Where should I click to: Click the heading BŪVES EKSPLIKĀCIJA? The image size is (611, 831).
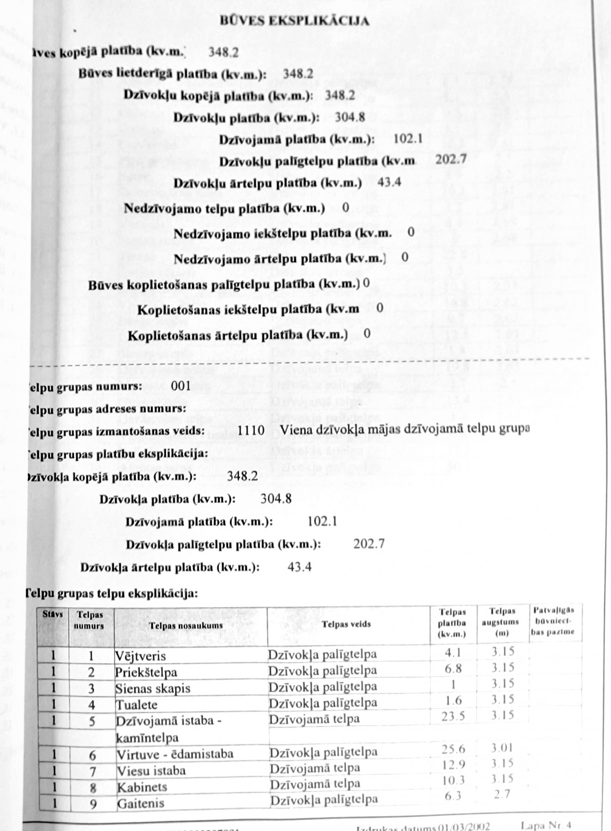point(294,21)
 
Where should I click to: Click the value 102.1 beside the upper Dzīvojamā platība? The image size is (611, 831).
point(408,138)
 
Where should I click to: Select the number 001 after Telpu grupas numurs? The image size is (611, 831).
point(181,385)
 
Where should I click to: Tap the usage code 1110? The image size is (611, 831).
point(251,430)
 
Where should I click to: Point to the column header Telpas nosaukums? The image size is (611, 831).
point(186,626)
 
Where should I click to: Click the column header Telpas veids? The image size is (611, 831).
point(346,624)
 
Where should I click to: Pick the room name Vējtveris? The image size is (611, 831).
point(140,656)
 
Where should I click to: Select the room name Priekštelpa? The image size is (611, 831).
point(146,672)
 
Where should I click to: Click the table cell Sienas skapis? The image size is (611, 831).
point(153,688)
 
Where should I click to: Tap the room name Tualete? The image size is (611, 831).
point(137,705)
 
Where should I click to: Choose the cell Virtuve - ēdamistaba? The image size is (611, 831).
point(175,754)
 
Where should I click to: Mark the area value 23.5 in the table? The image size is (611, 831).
point(453,716)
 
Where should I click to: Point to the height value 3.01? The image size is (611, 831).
point(502,747)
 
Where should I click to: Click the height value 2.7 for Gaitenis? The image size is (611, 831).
point(502,795)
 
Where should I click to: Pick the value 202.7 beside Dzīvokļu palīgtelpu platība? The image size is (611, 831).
point(451,159)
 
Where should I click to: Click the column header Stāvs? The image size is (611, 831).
point(53,614)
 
